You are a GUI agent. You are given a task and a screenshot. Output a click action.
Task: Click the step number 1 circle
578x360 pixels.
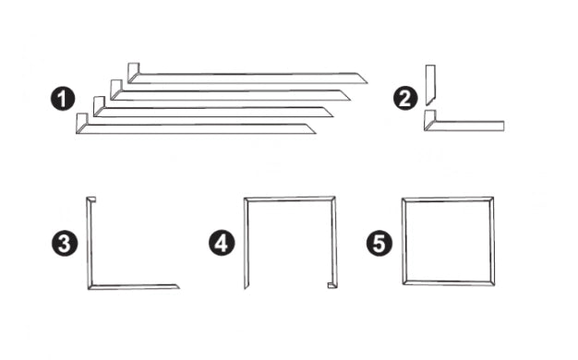[x=63, y=99]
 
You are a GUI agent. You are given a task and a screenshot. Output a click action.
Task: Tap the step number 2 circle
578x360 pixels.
[x=405, y=99]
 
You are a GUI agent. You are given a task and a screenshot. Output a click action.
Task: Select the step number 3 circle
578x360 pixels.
[x=65, y=243]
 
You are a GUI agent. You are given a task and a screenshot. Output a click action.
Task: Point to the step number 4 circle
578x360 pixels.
[x=222, y=243]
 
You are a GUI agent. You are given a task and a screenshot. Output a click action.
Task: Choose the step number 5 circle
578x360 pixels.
[x=379, y=243]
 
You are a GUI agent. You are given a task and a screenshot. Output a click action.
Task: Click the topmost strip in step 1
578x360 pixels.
[x=247, y=78]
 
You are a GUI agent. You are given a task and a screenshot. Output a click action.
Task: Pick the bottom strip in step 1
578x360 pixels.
[x=196, y=128]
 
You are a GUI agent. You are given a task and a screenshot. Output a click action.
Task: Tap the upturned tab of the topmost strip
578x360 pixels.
[x=133, y=70]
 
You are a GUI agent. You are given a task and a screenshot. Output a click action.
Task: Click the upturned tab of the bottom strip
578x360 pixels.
[x=81, y=121]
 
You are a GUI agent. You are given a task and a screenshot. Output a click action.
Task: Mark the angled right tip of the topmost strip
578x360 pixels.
[x=367, y=83]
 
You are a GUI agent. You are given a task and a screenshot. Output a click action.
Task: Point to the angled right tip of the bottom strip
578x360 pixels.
[x=316, y=133]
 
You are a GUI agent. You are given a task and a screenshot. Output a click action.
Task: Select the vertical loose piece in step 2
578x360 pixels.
[x=430, y=85]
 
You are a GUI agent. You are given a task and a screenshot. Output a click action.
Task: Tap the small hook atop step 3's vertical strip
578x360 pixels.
[x=92, y=199]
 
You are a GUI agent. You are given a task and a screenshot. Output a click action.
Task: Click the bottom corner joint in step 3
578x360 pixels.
[x=90, y=287]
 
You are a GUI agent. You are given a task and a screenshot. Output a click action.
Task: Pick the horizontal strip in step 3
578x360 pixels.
[x=134, y=287]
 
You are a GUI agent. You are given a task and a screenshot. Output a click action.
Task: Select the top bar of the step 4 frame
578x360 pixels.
[x=290, y=199]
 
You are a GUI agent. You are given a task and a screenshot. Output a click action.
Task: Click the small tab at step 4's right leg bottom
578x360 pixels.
[x=332, y=285]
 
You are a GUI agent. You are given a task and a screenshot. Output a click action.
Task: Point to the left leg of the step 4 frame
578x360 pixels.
[x=247, y=243]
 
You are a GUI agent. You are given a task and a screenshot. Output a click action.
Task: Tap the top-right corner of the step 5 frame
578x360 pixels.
[x=493, y=198]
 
